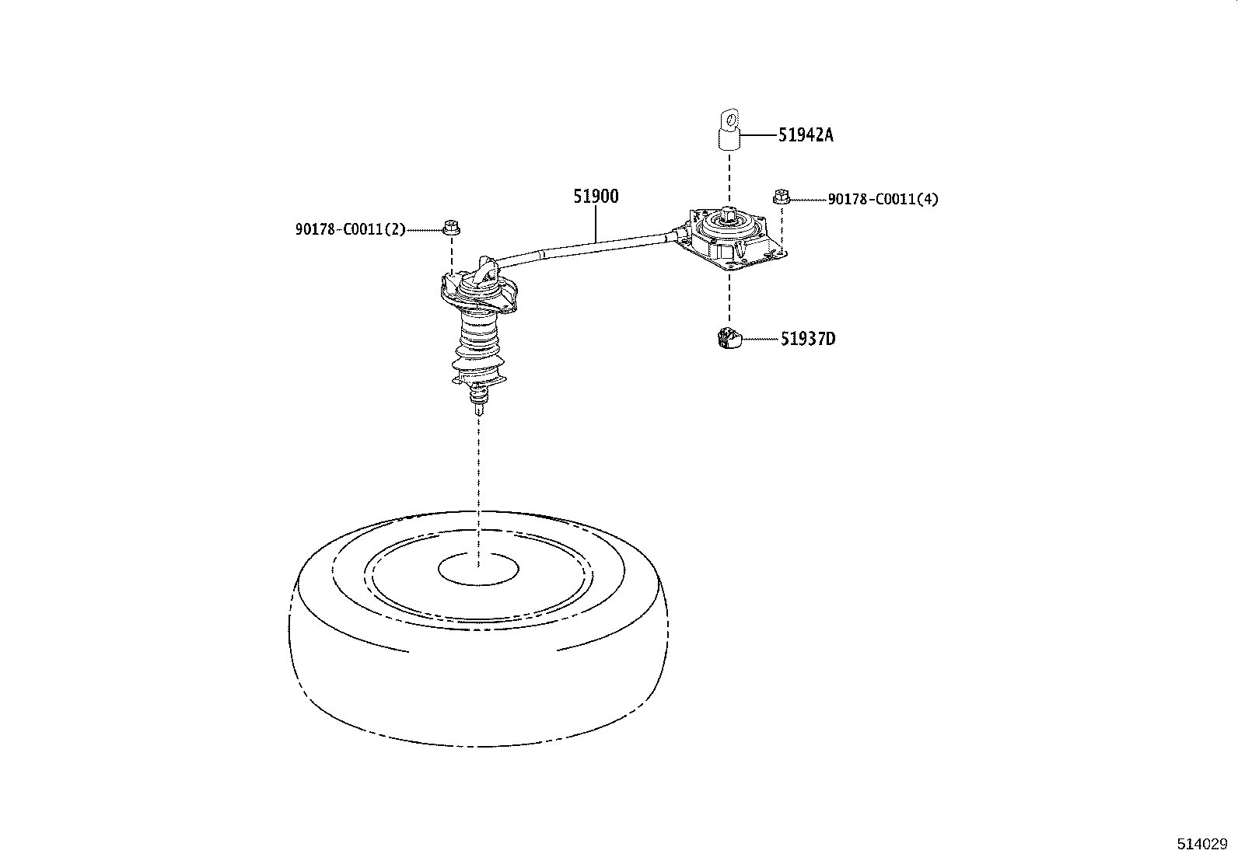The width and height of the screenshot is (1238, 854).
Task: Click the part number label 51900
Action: click(x=596, y=196)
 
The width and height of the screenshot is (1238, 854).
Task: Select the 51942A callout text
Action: click(x=806, y=134)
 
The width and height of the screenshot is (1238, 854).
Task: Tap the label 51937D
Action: click(x=808, y=339)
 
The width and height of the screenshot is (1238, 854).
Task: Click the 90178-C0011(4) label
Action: click(x=883, y=199)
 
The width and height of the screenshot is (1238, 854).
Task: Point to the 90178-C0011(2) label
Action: click(x=351, y=229)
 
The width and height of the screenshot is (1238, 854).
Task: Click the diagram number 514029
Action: click(x=1202, y=843)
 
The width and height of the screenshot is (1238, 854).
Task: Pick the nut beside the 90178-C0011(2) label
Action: click(x=452, y=227)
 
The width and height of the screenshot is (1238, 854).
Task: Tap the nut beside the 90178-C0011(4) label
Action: click(x=781, y=197)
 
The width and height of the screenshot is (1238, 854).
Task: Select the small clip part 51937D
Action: click(x=729, y=338)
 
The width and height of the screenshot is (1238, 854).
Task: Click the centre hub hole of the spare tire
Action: click(x=478, y=568)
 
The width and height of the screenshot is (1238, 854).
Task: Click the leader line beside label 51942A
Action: click(x=759, y=134)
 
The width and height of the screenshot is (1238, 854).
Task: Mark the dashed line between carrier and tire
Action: click(x=478, y=492)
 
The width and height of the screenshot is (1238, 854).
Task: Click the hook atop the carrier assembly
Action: click(x=486, y=269)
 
